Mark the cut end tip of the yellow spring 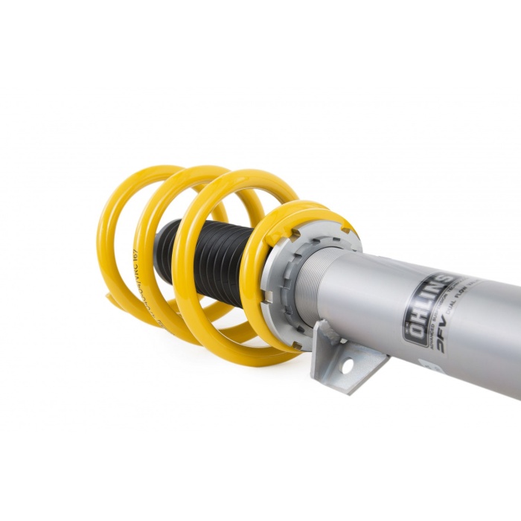(111, 298)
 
